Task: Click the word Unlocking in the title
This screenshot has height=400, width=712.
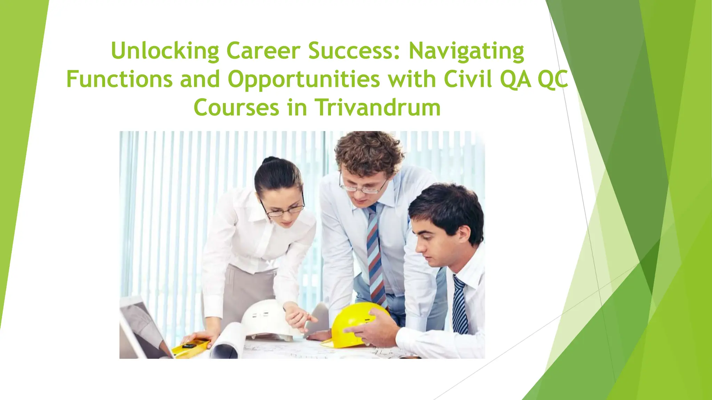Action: pos(165,51)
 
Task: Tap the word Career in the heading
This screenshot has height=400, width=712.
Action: pos(263,51)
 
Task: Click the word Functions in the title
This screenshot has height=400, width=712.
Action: pos(119,80)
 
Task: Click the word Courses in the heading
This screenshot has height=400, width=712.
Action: pos(236,108)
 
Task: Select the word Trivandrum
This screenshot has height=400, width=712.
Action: pos(378,108)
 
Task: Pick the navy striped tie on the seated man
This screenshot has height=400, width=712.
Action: pos(460,306)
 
